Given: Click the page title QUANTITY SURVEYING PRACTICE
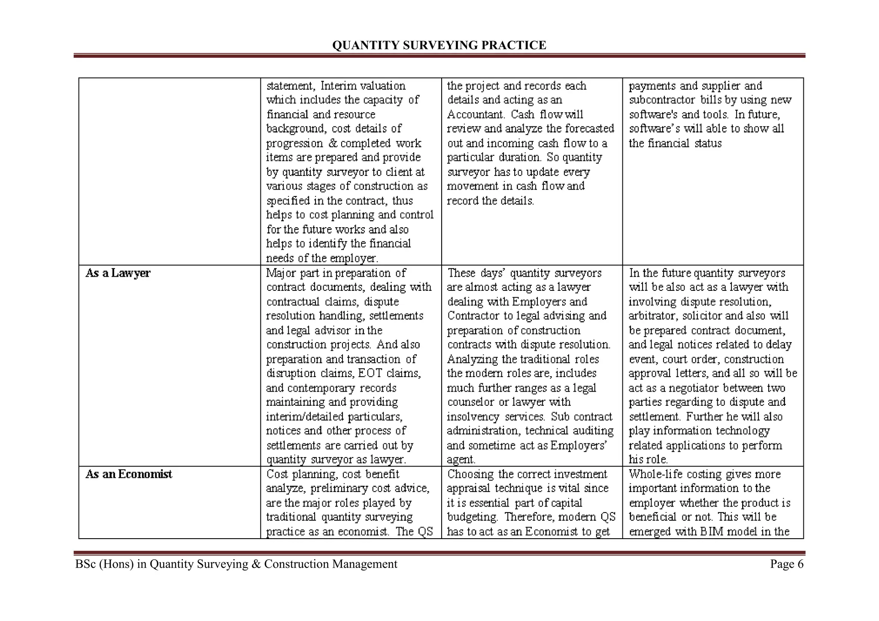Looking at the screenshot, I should [x=439, y=45].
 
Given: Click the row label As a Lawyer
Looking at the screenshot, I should [x=118, y=273].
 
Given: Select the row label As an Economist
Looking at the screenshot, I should [x=129, y=474].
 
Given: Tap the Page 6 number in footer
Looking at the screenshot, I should [x=786, y=564].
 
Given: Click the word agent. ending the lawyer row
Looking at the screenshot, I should [x=461, y=460].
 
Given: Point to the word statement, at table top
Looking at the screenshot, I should [x=291, y=86].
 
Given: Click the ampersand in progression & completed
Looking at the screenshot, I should [x=332, y=143].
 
